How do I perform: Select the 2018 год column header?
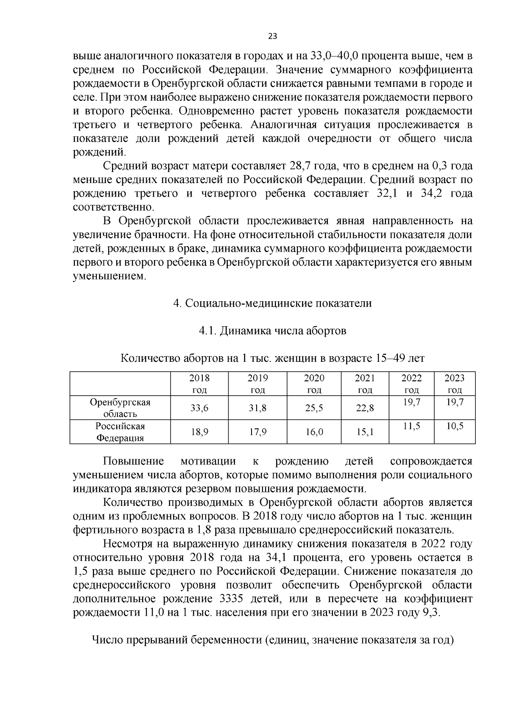pos(199,384)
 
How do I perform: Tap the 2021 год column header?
pos(364,384)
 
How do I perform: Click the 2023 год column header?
pos(454,384)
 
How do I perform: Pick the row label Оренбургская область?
pos(120,408)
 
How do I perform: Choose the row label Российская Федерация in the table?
pos(120,432)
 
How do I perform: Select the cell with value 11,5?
pos(411,426)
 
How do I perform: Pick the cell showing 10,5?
pos(454,426)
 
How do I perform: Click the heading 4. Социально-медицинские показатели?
pos(273,303)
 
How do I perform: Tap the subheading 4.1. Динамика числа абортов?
pos(273,331)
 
